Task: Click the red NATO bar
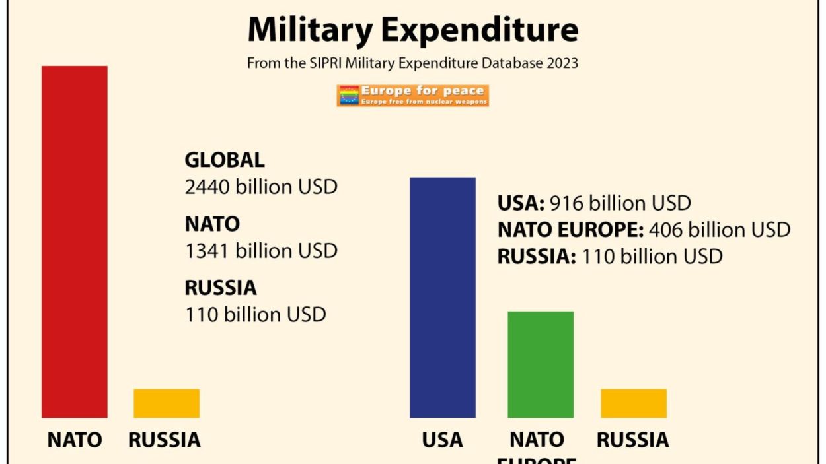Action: point(74,242)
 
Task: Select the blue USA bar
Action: point(442,297)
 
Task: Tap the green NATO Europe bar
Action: point(540,364)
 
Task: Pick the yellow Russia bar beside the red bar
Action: point(167,403)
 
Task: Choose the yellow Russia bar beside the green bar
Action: point(633,403)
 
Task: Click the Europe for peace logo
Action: point(413,96)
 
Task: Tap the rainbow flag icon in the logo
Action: point(348,96)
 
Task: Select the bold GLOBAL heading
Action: point(225,160)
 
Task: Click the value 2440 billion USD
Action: point(261,187)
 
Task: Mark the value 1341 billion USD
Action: point(261,251)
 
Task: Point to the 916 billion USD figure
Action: point(620,203)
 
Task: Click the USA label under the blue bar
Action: point(442,440)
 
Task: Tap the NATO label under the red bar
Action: point(75,440)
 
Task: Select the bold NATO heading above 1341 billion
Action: point(212,224)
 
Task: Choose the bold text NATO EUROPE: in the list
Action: point(570,230)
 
